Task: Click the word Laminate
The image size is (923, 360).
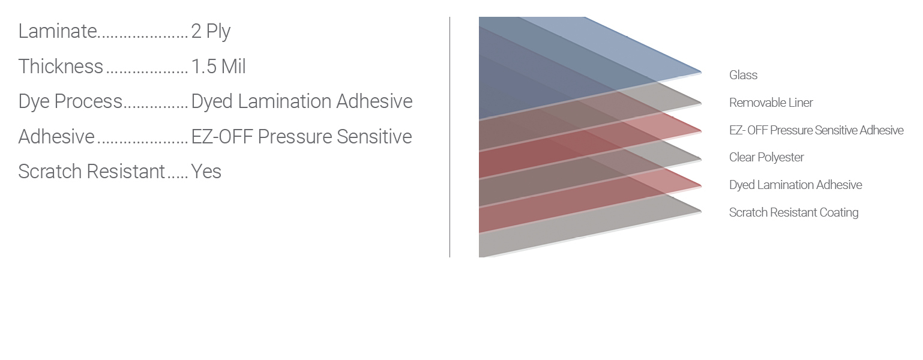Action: (58, 31)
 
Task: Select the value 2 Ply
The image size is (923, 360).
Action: (211, 32)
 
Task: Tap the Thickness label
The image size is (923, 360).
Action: (61, 67)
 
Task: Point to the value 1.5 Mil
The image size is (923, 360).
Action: (218, 67)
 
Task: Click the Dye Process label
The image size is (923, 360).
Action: (70, 102)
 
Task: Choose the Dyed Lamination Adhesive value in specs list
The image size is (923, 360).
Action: (302, 102)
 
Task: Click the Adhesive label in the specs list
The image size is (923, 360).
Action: (56, 137)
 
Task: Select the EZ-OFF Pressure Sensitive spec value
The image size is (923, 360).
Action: (301, 137)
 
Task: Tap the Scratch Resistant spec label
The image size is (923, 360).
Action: (91, 172)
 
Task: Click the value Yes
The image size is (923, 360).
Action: (206, 172)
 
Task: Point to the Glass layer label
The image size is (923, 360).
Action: (744, 75)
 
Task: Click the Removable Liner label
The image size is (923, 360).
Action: (771, 103)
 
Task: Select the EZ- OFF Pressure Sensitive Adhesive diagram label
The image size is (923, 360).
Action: (816, 130)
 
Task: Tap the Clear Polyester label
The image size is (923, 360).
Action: (766, 157)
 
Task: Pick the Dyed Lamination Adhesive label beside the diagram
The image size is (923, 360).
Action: (796, 185)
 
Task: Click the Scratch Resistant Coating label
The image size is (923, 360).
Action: (793, 212)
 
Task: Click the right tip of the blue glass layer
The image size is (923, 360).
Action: (701, 73)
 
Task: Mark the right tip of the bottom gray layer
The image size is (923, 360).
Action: (701, 211)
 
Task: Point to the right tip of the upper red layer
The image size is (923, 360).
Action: (701, 131)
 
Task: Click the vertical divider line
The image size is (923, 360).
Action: (449, 137)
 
